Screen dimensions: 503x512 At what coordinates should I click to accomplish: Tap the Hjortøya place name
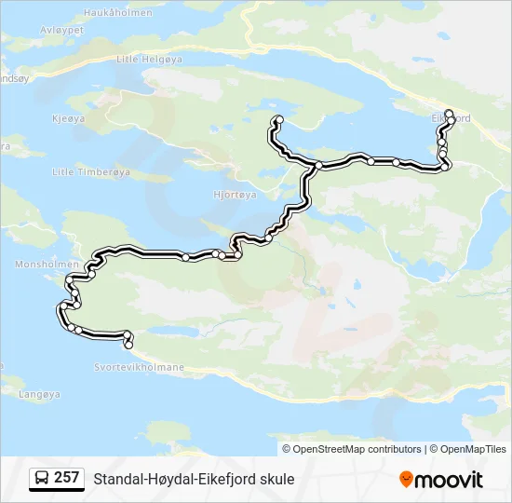(x=235, y=195)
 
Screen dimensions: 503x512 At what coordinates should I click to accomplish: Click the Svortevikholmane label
(x=139, y=367)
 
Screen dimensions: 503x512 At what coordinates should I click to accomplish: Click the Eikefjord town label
(x=451, y=118)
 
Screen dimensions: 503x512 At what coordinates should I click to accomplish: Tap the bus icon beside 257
(x=42, y=479)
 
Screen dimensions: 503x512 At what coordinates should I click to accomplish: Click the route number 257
(x=67, y=479)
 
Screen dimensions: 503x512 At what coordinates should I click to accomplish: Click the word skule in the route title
(x=276, y=480)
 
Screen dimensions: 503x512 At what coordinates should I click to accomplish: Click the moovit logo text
(x=450, y=480)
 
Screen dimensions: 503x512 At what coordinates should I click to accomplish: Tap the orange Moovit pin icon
(x=406, y=480)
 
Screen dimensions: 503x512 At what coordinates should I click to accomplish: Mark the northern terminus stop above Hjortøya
(x=277, y=119)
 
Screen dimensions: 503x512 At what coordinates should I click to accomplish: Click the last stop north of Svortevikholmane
(x=128, y=345)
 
